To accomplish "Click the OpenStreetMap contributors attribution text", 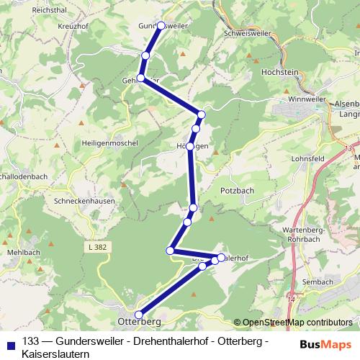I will point(292,323).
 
